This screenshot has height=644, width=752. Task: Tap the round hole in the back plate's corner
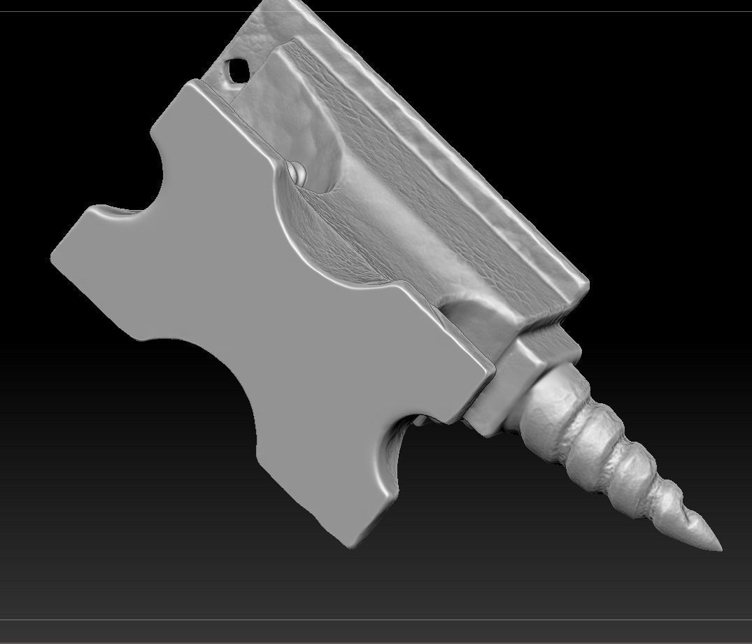click(x=237, y=69)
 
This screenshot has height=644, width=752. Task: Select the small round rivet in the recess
click(x=297, y=171)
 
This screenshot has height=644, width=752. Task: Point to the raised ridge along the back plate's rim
click(x=448, y=140)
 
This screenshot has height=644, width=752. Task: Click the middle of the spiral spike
click(x=616, y=462)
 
